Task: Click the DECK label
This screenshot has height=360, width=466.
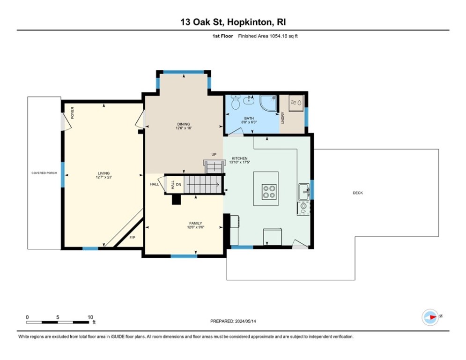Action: pyautogui.click(x=357, y=193)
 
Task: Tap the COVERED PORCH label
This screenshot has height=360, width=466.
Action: pyautogui.click(x=44, y=173)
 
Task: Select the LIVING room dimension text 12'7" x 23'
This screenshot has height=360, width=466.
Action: pyautogui.click(x=104, y=177)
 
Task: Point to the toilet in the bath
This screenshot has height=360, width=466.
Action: pyautogui.click(x=236, y=102)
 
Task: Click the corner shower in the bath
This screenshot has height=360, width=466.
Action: pyautogui.click(x=269, y=103)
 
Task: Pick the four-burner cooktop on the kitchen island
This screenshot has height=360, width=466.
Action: pyautogui.click(x=269, y=192)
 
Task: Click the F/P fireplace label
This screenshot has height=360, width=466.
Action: pyautogui.click(x=132, y=237)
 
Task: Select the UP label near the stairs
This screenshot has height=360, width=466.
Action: pyautogui.click(x=214, y=154)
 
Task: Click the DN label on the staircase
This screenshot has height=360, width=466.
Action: pyautogui.click(x=178, y=185)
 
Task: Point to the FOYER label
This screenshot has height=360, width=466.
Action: pyautogui.click(x=73, y=113)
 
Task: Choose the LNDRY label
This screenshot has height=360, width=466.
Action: pyautogui.click(x=282, y=118)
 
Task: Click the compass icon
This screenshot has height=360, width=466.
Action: pyautogui.click(x=430, y=317)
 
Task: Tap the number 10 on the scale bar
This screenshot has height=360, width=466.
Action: pyautogui.click(x=90, y=317)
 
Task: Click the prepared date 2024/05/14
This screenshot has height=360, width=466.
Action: pyautogui.click(x=245, y=321)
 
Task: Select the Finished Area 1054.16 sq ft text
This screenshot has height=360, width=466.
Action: pyautogui.click(x=268, y=36)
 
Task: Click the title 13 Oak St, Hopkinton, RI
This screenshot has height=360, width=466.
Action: pyautogui.click(x=233, y=22)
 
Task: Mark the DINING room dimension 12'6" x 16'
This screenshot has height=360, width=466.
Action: pyautogui.click(x=184, y=128)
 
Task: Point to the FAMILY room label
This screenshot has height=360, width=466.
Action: pyautogui.click(x=196, y=223)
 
